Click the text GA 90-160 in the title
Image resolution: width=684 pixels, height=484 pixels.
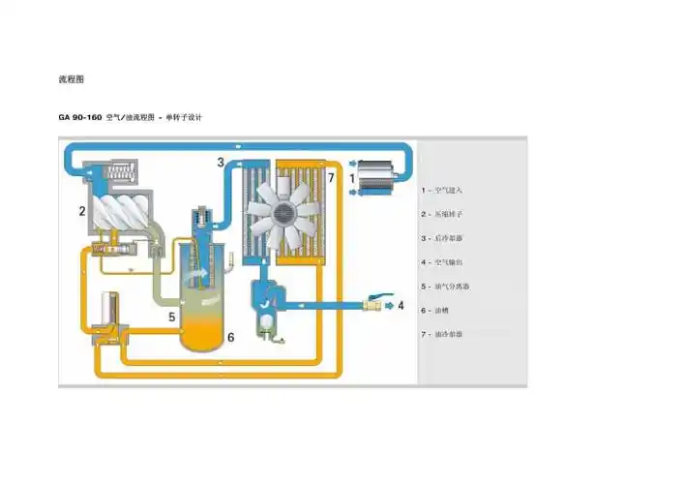(79, 118)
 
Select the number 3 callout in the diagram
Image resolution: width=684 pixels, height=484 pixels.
(221, 162)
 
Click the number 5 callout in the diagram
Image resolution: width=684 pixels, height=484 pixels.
(171, 317)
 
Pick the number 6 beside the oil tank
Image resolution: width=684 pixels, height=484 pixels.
(231, 338)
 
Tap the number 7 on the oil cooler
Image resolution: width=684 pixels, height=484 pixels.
(330, 178)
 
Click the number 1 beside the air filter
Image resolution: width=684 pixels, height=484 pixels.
(353, 179)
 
